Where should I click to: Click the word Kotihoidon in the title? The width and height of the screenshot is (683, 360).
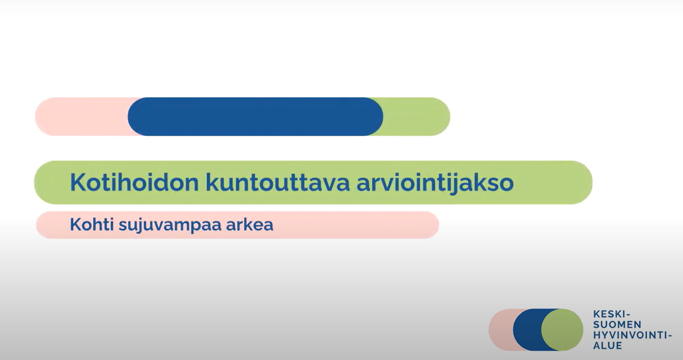click(x=134, y=183)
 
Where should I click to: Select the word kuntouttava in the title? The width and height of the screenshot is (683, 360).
click(x=277, y=183)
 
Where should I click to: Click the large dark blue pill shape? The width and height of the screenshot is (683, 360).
click(x=255, y=116)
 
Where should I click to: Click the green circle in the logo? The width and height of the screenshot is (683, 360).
click(x=562, y=329)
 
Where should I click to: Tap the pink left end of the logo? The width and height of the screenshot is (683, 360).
click(x=500, y=329)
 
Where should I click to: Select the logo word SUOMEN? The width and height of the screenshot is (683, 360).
click(x=613, y=324)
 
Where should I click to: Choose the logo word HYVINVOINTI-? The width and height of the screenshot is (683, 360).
click(x=633, y=335)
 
